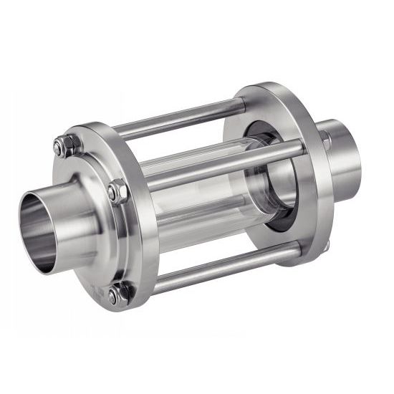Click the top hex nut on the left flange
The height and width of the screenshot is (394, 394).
(x=60, y=148)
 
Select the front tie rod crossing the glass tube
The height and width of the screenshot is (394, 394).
(x=215, y=165)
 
